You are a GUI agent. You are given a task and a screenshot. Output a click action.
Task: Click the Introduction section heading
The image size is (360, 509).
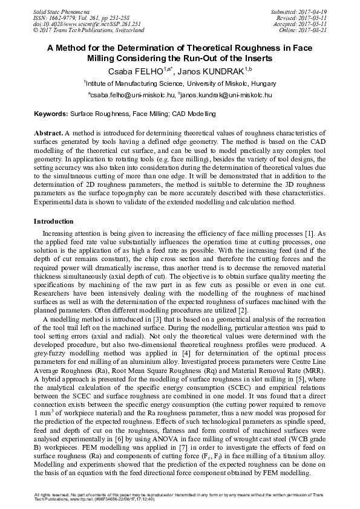click(x=53, y=221)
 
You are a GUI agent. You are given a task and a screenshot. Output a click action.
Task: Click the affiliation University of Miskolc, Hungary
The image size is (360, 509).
click(x=227, y=84)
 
